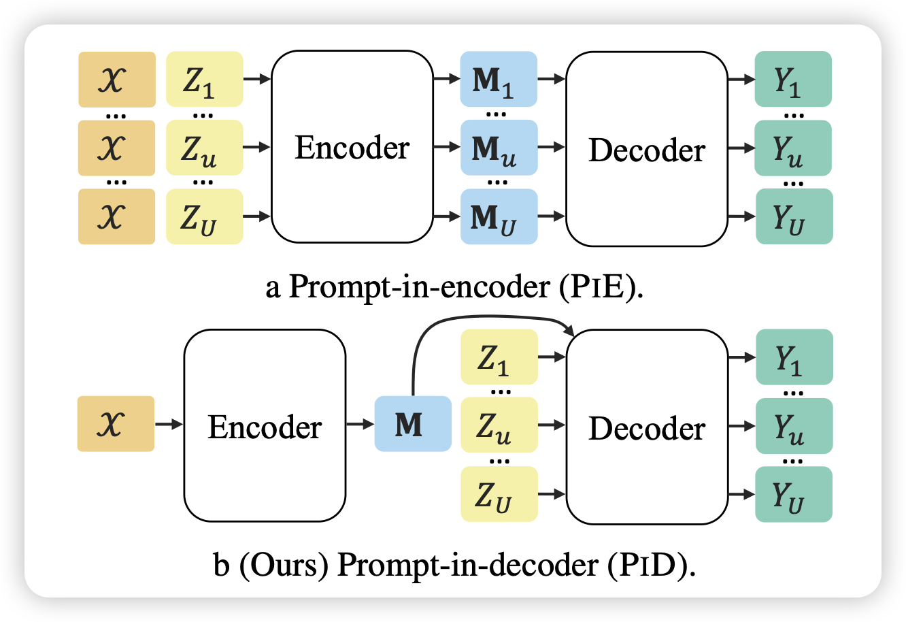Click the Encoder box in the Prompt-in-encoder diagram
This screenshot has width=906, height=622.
pyautogui.click(x=352, y=148)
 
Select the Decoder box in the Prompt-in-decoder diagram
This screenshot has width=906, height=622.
pyautogui.click(x=646, y=427)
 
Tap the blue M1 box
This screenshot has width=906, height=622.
pyautogui.click(x=499, y=79)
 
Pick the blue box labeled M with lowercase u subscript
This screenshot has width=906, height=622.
pyautogui.click(x=499, y=148)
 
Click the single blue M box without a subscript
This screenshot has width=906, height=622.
pyautogui.click(x=413, y=424)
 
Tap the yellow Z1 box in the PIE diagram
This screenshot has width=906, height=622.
pyautogui.click(x=204, y=79)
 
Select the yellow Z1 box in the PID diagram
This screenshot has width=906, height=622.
pyautogui.click(x=499, y=357)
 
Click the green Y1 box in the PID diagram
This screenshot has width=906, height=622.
pyautogui.click(x=794, y=357)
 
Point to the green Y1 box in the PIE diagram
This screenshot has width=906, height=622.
pyautogui.click(x=794, y=79)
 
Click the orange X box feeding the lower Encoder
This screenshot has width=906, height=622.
pyautogui.click(x=116, y=424)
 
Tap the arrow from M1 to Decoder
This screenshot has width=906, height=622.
pyautogui.click(x=552, y=79)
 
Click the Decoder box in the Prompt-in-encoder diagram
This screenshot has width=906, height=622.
pyautogui.click(x=646, y=148)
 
